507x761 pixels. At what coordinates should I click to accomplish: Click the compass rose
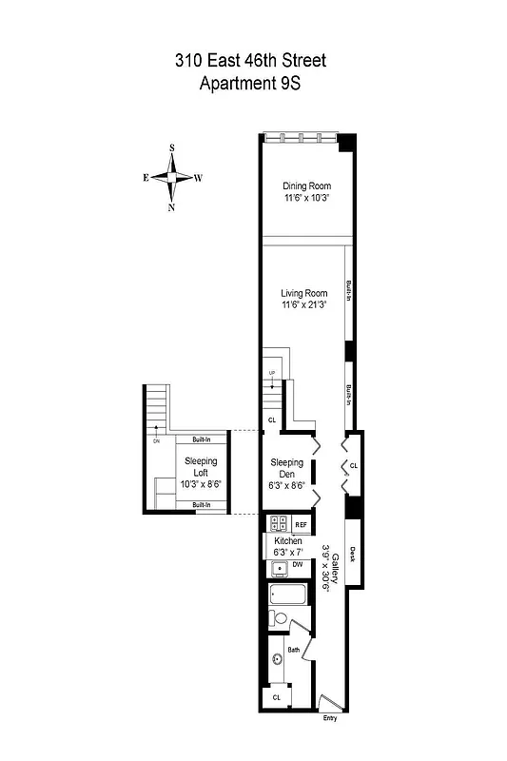[x=172, y=178]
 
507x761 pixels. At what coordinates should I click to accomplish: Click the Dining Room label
[x=304, y=185]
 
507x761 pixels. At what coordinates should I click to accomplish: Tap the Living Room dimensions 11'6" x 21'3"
[x=304, y=305]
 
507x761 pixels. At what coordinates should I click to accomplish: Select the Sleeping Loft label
[x=201, y=466]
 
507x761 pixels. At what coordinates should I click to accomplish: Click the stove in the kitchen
[x=280, y=523]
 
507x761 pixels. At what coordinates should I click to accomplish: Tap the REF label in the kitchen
[x=301, y=524]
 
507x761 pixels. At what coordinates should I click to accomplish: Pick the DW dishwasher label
[x=298, y=565]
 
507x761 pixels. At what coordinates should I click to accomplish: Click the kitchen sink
[x=279, y=569]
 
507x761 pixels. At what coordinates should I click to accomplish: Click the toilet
[x=279, y=618]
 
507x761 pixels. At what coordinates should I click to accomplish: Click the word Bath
[x=294, y=652]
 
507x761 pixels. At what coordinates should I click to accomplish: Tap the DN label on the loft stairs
[x=156, y=440]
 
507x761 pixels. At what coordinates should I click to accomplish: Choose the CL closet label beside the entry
[x=277, y=697]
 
